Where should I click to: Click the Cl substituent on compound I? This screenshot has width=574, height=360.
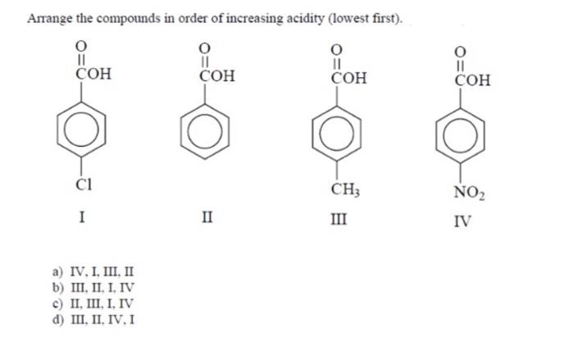83,185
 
